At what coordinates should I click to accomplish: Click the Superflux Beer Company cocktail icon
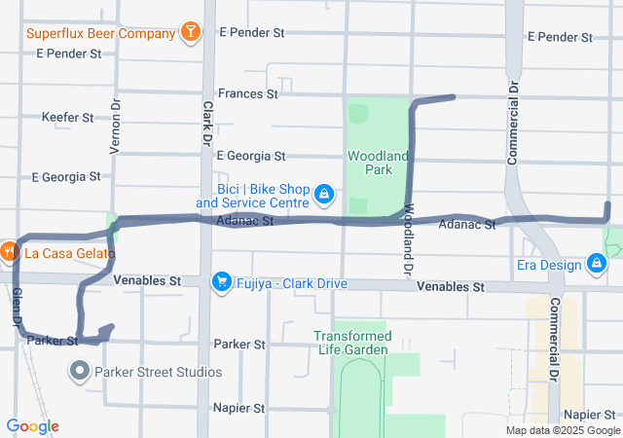(x=191, y=33)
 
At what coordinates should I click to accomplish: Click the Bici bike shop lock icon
(x=323, y=196)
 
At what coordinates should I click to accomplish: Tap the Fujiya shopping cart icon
(x=222, y=281)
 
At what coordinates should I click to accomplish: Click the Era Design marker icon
(x=596, y=264)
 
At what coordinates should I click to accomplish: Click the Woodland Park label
(x=370, y=163)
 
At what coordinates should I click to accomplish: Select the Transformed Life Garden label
(x=352, y=343)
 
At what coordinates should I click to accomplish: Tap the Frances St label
(x=248, y=94)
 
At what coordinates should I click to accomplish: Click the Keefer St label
(x=68, y=118)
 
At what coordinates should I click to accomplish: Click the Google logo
(x=32, y=426)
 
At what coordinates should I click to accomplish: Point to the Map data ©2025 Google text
(x=563, y=430)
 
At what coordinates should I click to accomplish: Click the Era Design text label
(x=547, y=264)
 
